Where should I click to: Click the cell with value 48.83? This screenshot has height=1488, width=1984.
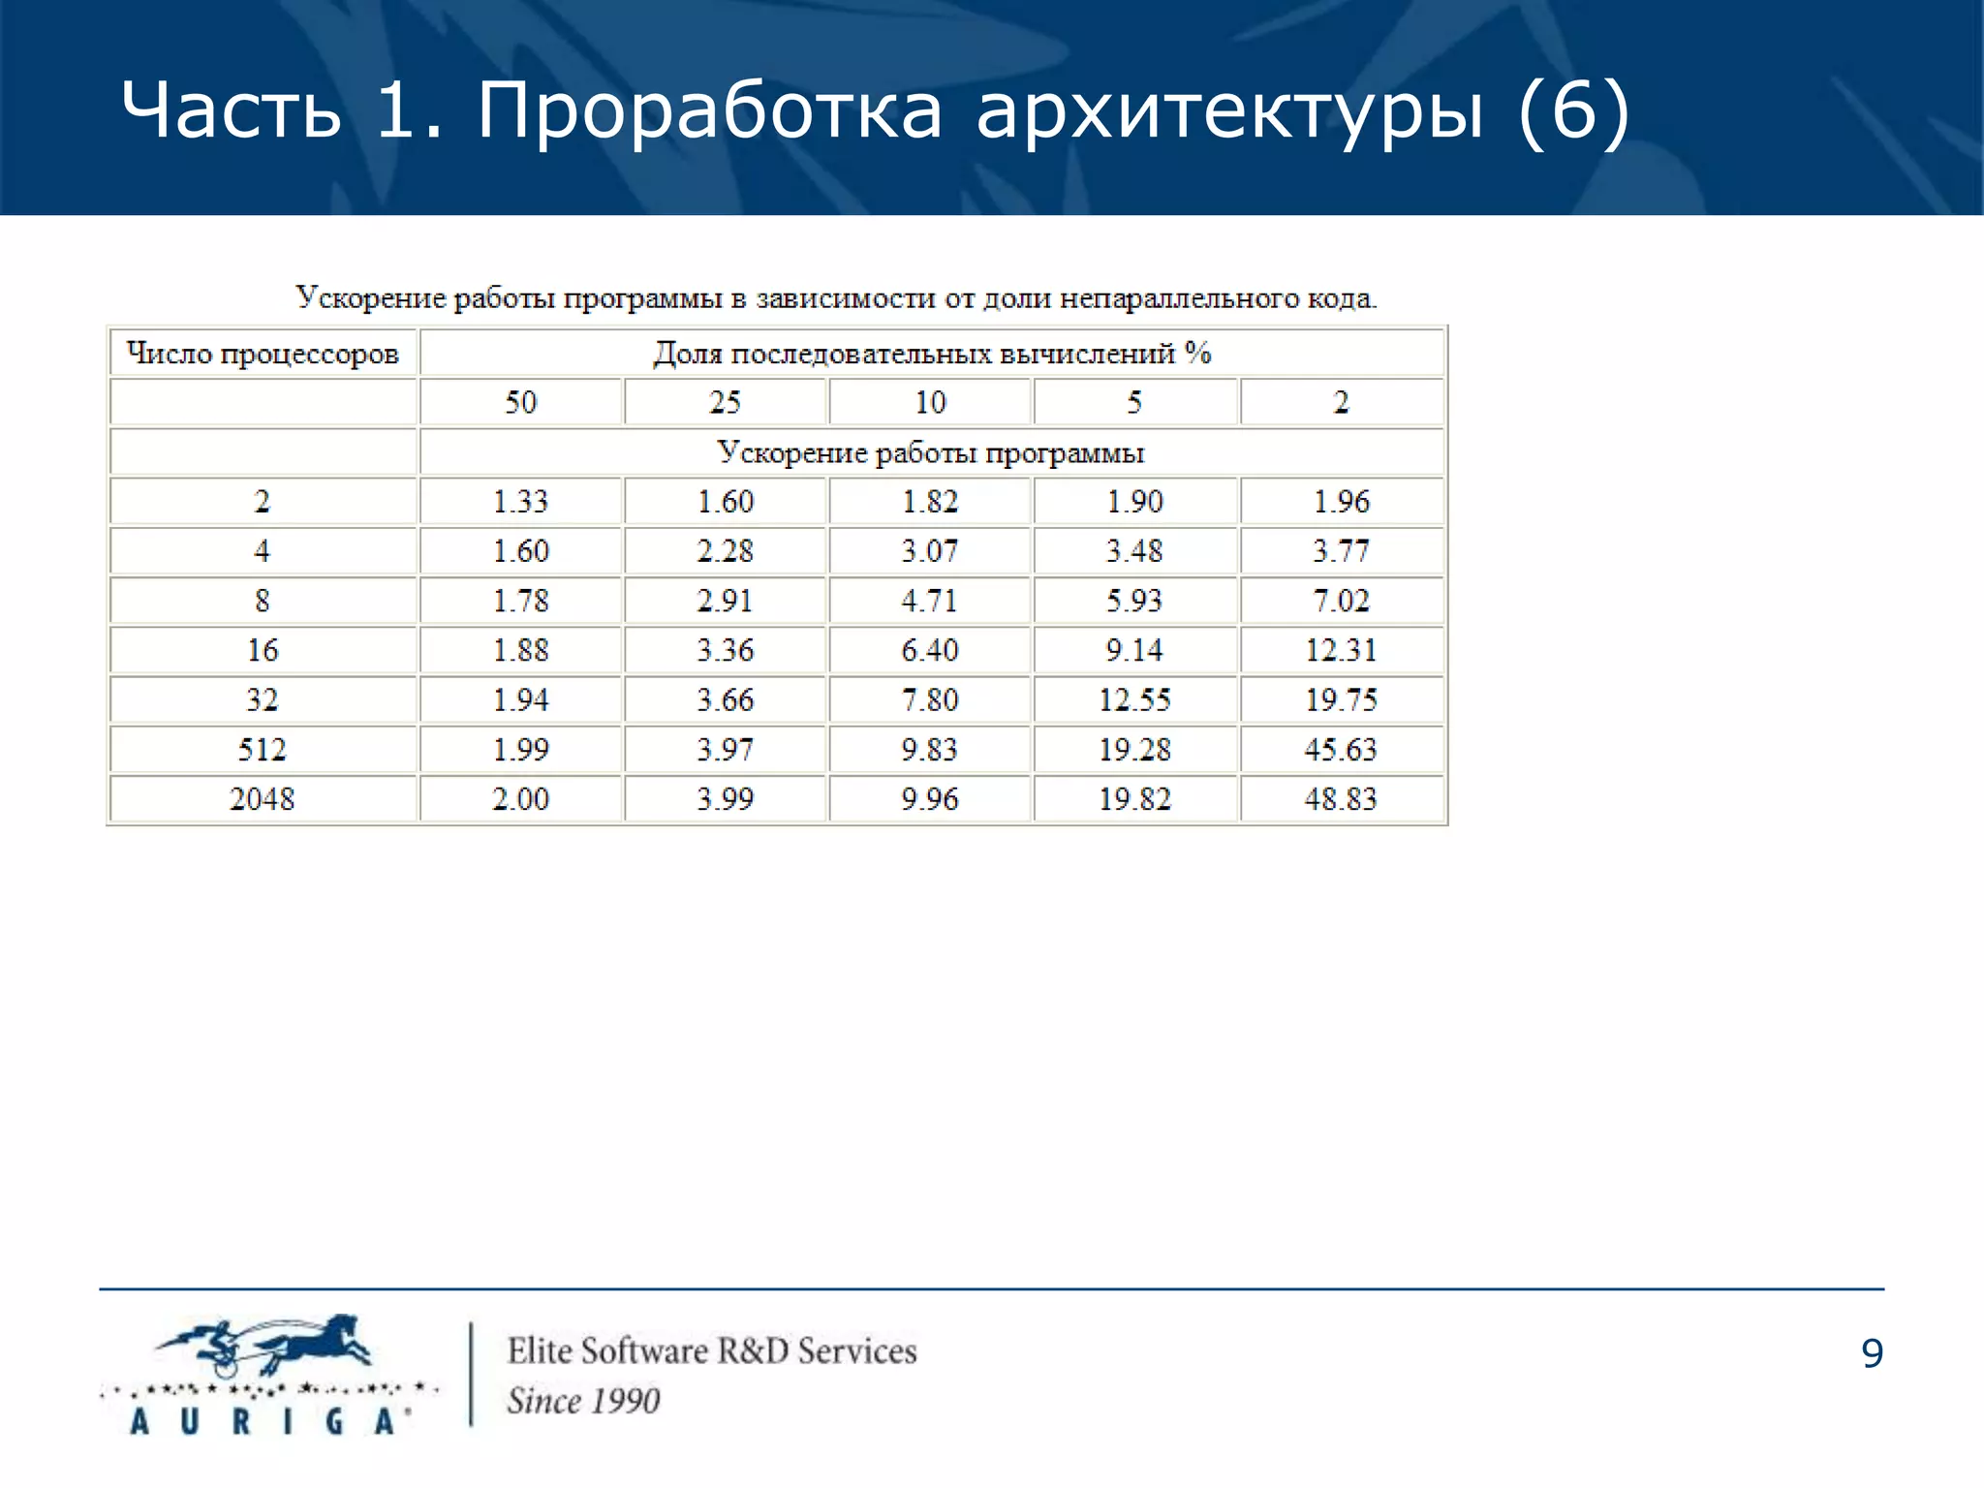1341,799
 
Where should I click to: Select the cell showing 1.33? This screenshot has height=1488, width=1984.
520,502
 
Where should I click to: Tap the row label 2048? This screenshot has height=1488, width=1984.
263,799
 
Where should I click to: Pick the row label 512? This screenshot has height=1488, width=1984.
263,750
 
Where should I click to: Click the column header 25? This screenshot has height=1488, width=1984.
725,402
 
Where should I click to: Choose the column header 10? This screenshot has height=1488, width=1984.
930,402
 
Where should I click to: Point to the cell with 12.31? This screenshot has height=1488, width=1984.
1341,650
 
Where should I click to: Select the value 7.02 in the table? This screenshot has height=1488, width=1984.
1341,601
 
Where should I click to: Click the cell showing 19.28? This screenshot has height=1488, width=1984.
1134,750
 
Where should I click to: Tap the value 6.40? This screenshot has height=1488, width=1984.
930,650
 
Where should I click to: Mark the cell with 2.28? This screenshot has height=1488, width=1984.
725,551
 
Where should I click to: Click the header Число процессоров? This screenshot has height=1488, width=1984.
263,354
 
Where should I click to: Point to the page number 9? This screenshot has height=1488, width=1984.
1872,1353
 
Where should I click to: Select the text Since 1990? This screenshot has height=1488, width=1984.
583,1401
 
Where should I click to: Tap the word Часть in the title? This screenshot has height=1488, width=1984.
232,110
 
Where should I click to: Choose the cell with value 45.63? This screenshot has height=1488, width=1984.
1341,750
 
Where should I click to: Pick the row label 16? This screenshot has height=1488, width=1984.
263,650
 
